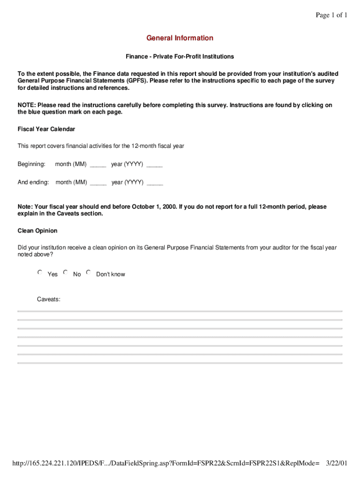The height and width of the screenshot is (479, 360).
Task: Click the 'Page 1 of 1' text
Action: click(331, 15)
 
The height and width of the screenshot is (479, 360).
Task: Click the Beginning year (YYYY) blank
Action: click(154, 165)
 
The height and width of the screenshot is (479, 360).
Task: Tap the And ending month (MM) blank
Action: click(98, 183)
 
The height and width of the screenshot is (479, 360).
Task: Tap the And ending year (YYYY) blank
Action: click(155, 183)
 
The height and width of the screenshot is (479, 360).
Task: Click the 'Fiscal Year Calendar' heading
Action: click(46, 129)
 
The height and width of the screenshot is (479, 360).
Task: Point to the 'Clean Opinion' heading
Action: click(37, 231)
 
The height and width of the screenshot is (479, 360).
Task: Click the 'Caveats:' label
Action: click(49, 299)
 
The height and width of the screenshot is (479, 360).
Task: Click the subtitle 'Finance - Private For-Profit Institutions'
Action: click(180, 57)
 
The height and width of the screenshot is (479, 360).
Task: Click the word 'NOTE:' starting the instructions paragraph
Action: click(27, 105)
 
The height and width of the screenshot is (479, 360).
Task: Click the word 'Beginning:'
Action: click(31, 164)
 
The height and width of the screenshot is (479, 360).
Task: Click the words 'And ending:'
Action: click(33, 182)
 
